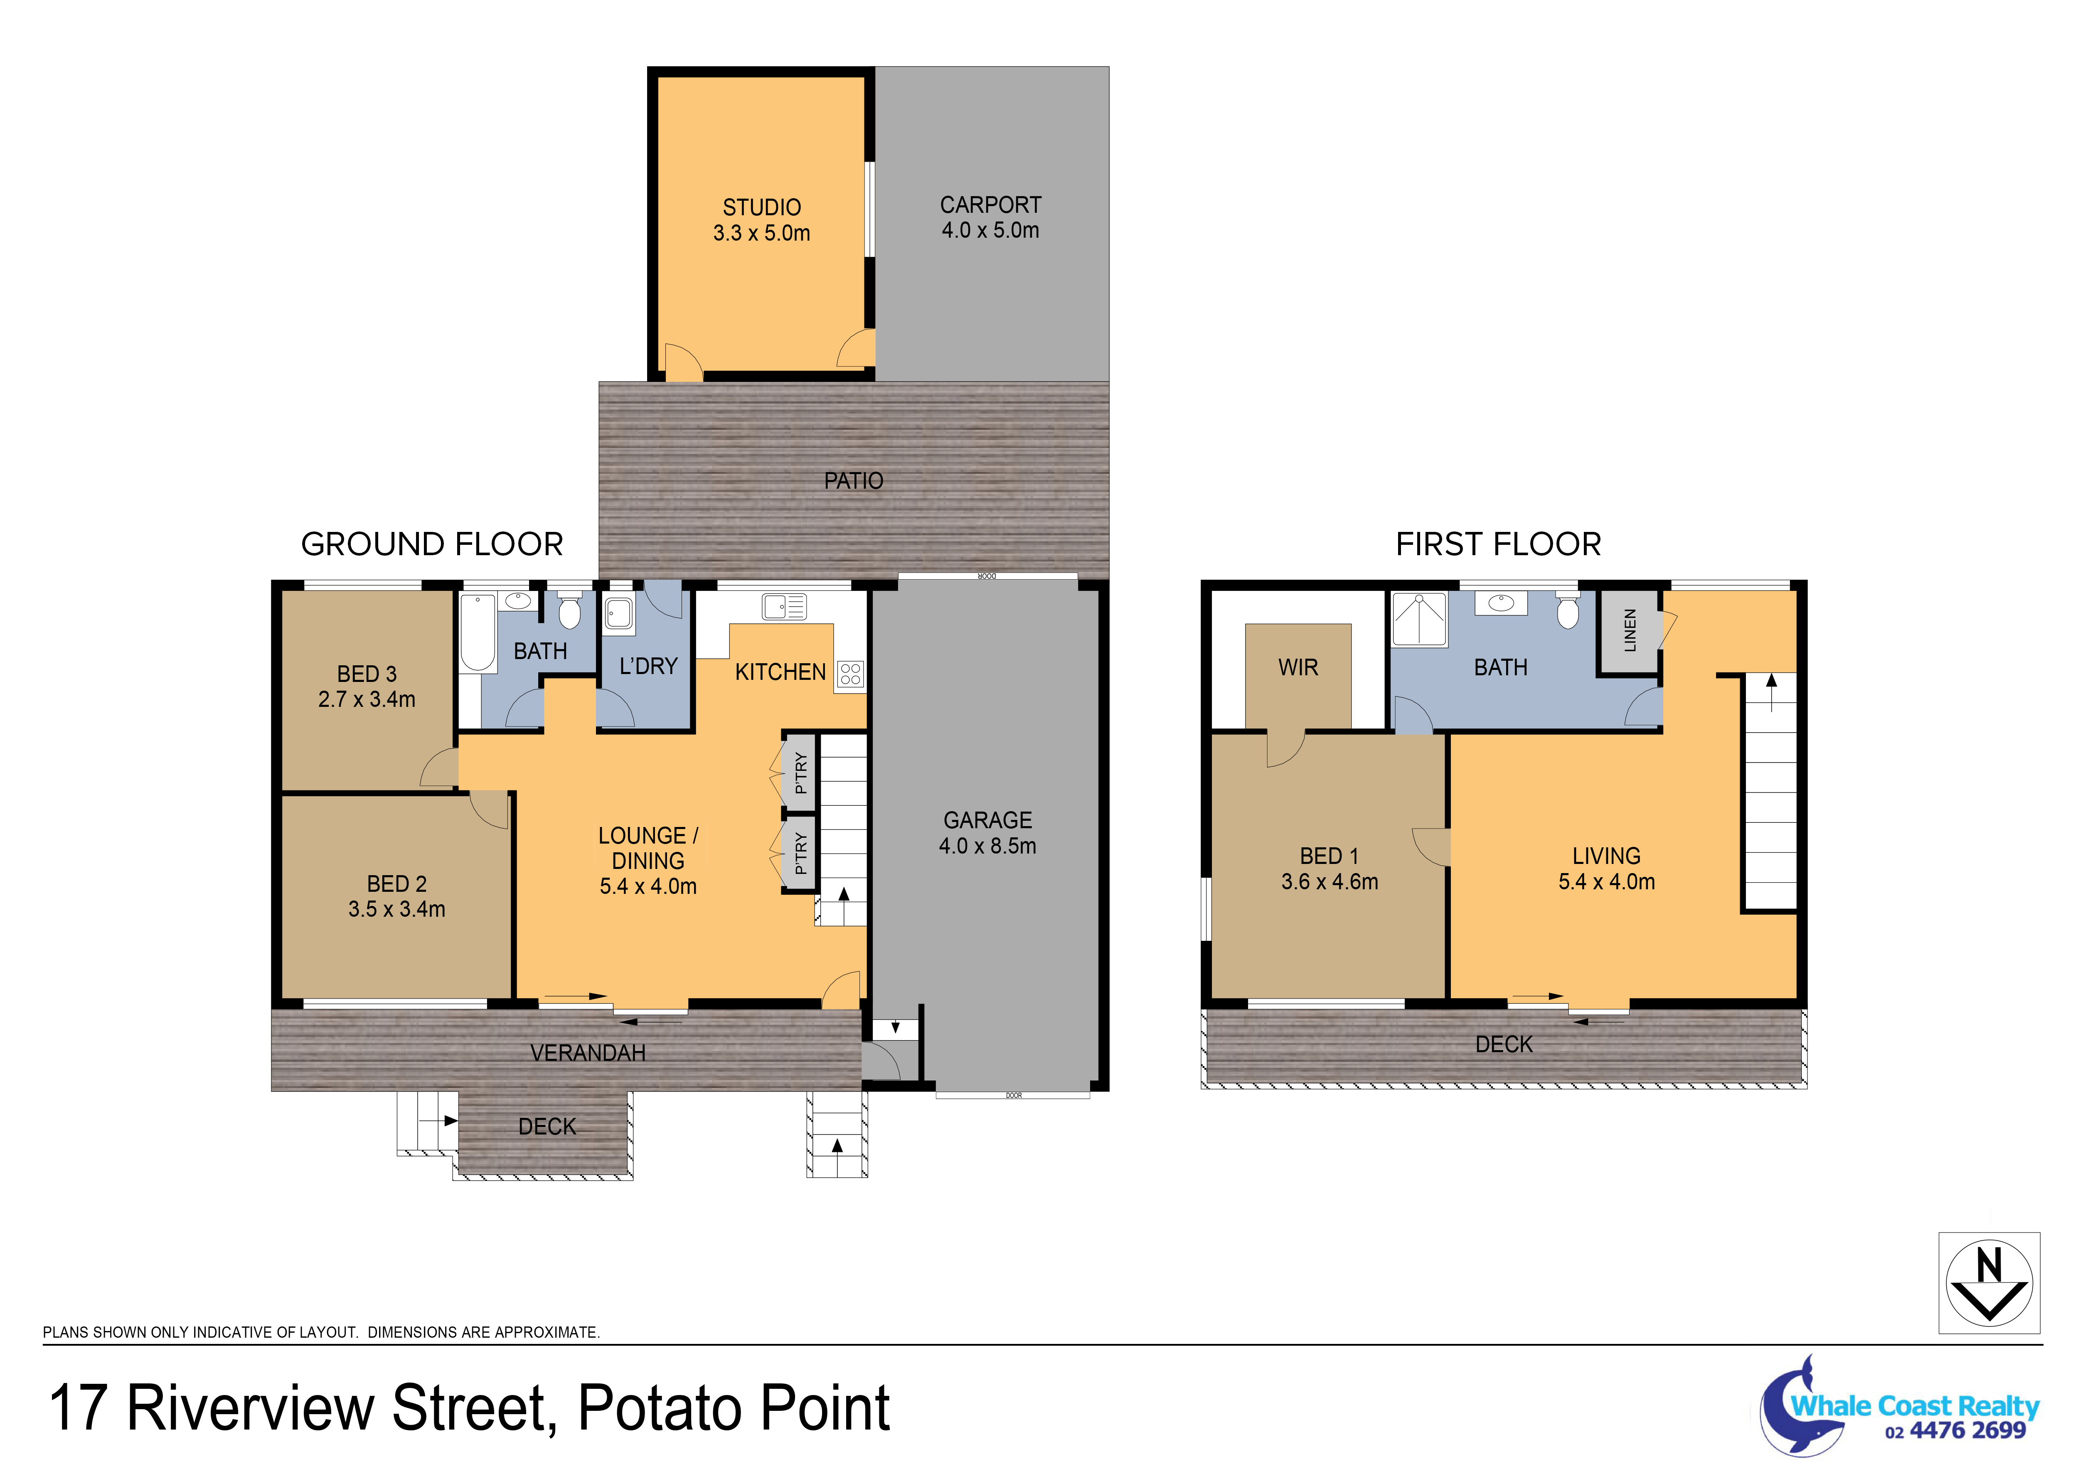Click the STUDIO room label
[x=761, y=207]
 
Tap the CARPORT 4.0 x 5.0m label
[x=990, y=217]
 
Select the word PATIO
[x=854, y=481]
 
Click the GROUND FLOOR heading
[x=432, y=544]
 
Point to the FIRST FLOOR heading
[x=1498, y=544]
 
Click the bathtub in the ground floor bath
[x=478, y=632]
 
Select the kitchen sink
[x=784, y=606]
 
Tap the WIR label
[x=1298, y=667]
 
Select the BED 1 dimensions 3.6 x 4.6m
[x=1330, y=881]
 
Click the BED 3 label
[x=367, y=674]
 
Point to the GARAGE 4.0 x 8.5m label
[x=987, y=833]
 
